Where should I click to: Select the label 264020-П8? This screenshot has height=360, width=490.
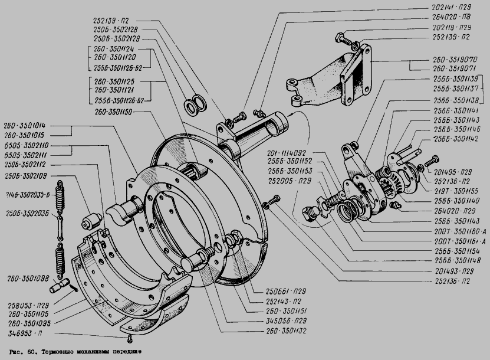[x=450, y=18]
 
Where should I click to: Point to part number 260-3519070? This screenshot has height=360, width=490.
[x=452, y=60]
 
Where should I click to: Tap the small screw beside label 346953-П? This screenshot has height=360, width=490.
[x=129, y=338]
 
